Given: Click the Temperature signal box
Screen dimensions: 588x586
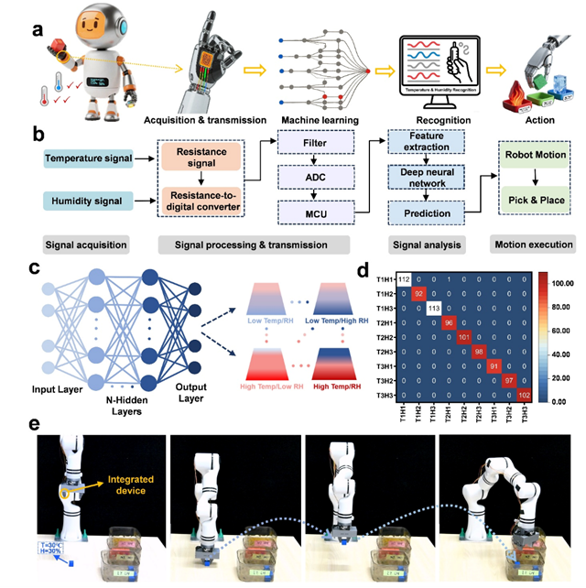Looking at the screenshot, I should [86, 159].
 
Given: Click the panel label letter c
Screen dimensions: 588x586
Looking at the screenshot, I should [35, 267].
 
